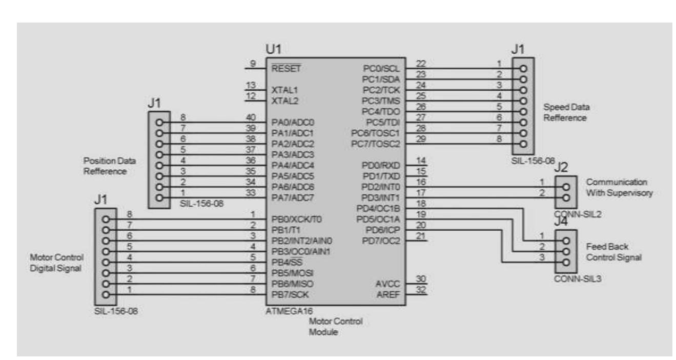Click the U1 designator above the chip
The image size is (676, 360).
pyautogui.click(x=273, y=50)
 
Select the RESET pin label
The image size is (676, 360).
pyautogui.click(x=287, y=68)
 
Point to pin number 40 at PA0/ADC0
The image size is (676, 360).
pyautogui.click(x=252, y=118)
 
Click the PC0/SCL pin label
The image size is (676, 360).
pyautogui.click(x=382, y=68)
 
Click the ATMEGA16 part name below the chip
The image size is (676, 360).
pyautogui.click(x=290, y=310)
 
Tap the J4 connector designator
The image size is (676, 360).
pyautogui.click(x=562, y=223)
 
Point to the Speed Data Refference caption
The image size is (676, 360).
pyautogui.click(x=566, y=112)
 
